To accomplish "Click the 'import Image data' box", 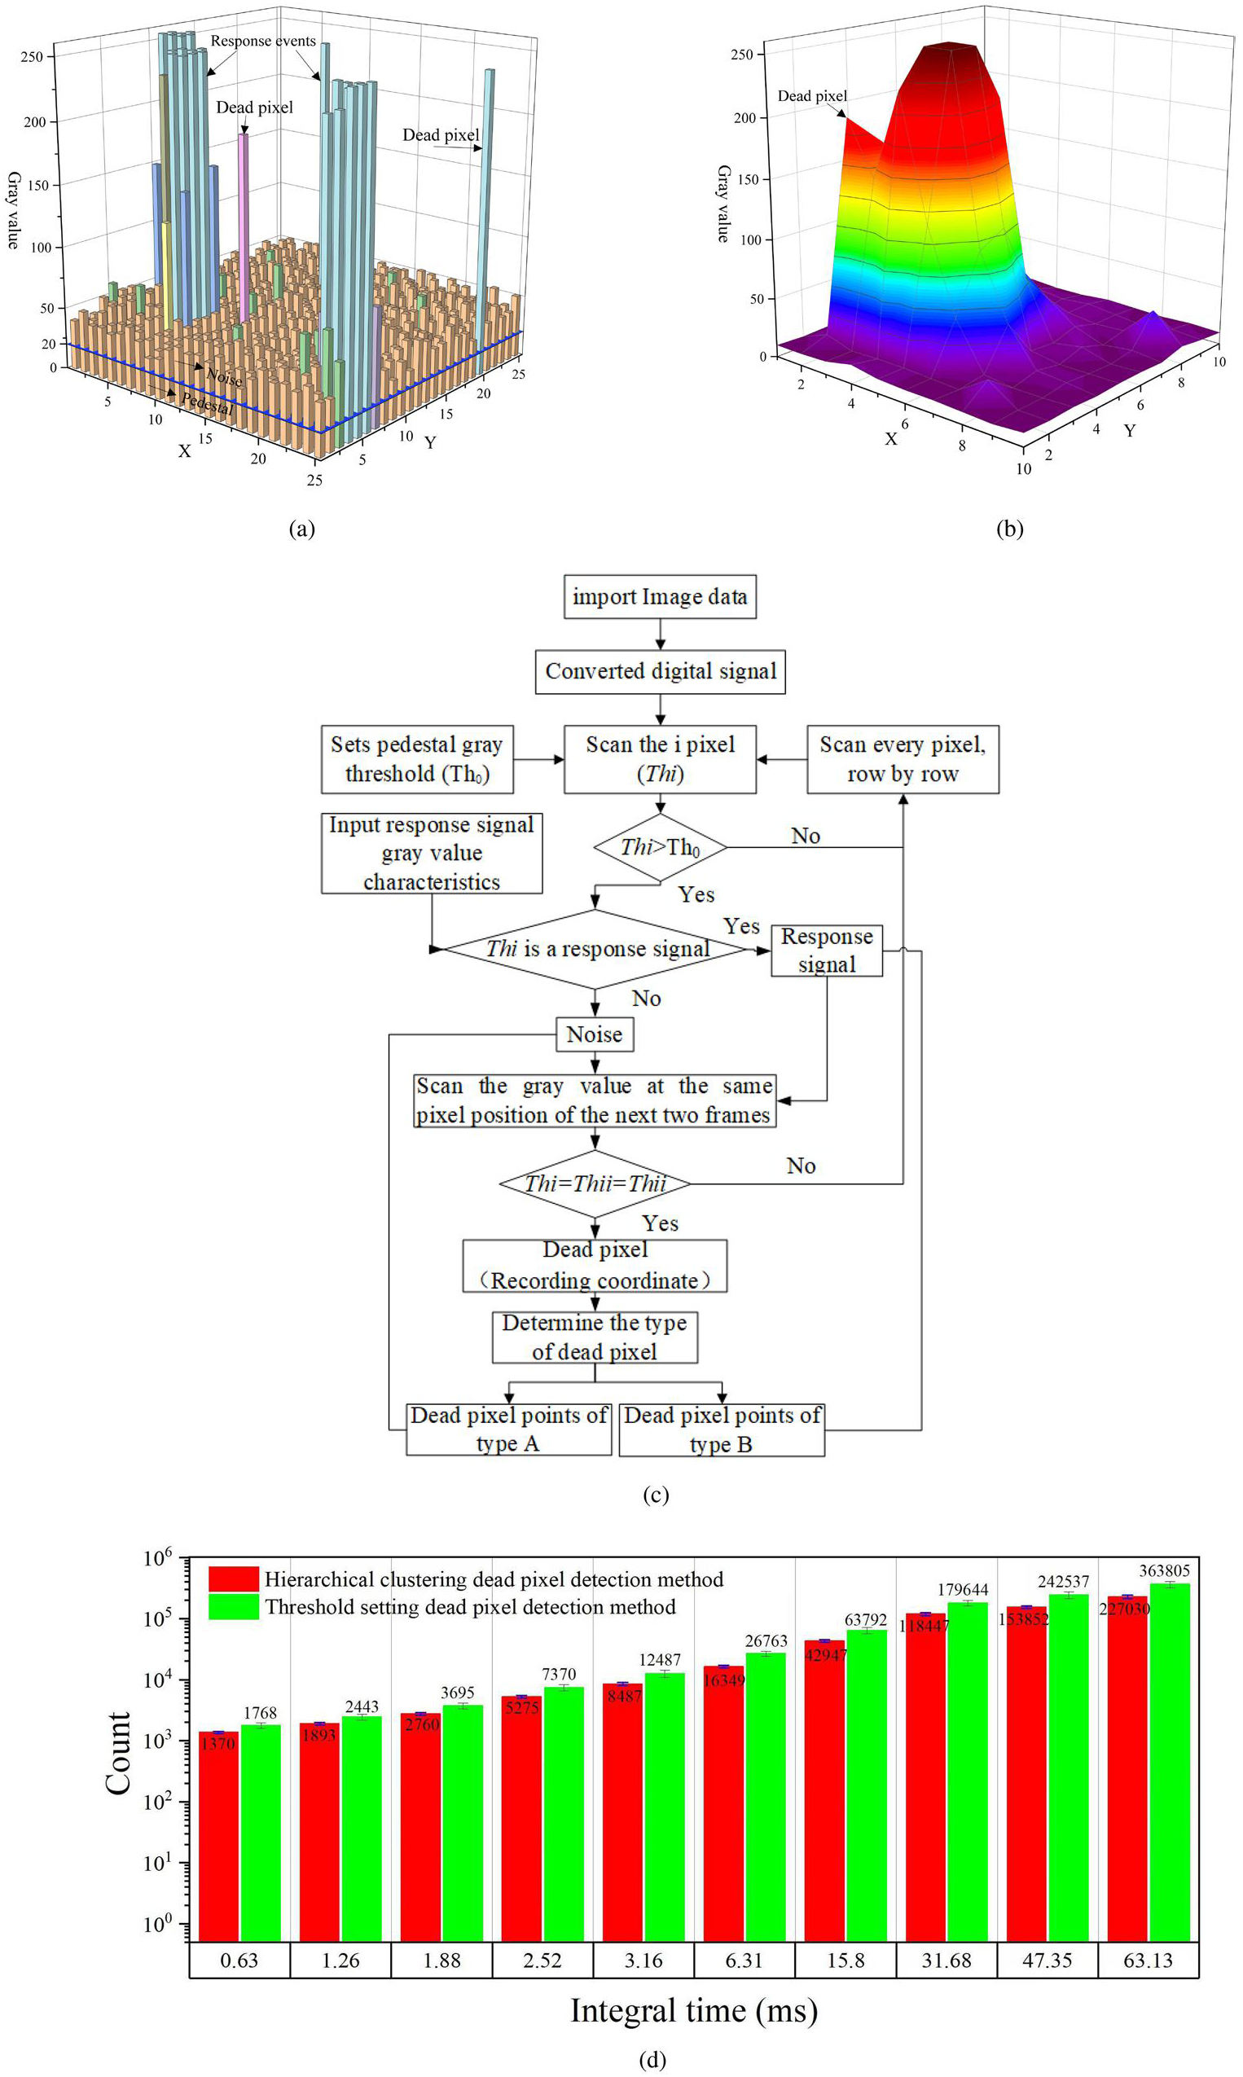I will click(x=659, y=596).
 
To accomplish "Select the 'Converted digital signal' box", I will click(x=660, y=671).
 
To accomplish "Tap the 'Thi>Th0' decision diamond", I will click(x=660, y=847).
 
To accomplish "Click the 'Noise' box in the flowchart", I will click(x=595, y=1034).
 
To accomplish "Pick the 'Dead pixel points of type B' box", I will click(x=721, y=1429).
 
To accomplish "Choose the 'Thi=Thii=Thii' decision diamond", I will click(x=595, y=1183).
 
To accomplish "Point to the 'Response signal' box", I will click(x=826, y=950).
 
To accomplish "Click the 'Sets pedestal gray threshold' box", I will click(x=417, y=759).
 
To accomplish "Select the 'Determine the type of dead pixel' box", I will click(x=595, y=1337).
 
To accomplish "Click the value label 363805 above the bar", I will click(x=1163, y=1570).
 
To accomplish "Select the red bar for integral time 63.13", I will click(x=1127, y=1767).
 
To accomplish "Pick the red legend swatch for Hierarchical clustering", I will click(x=234, y=1579).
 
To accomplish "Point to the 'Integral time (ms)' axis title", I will click(x=693, y=2011).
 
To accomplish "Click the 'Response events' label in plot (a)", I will click(x=262, y=41).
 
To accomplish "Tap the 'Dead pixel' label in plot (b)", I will click(x=811, y=96).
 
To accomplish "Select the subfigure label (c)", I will click(x=655, y=1495).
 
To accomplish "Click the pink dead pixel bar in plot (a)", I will click(x=243, y=226).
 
